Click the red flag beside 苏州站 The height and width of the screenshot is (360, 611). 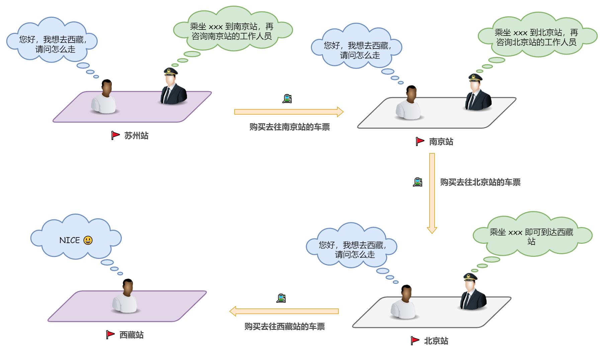(x=115, y=135)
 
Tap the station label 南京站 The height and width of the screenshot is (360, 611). (x=441, y=142)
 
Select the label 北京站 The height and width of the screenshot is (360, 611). (x=436, y=341)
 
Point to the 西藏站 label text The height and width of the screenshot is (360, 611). (x=132, y=335)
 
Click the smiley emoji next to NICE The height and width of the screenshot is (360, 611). (x=88, y=240)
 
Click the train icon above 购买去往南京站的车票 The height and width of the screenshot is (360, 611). (x=287, y=99)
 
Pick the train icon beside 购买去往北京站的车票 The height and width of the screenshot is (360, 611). (x=418, y=182)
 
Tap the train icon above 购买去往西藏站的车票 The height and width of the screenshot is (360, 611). (x=281, y=298)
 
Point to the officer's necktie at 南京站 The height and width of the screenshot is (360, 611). (x=471, y=101)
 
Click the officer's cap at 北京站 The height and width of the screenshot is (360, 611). (x=470, y=277)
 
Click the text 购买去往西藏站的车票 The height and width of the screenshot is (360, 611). (x=284, y=327)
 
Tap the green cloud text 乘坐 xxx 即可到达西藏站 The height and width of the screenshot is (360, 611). (x=531, y=236)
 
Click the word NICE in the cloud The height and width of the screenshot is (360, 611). (x=70, y=240)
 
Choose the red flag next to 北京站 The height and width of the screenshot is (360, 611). (x=415, y=341)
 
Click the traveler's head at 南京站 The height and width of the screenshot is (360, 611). (x=411, y=94)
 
